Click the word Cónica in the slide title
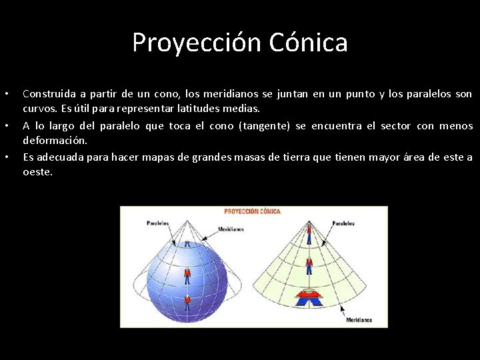pyautogui.click(x=309, y=43)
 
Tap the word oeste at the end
pyautogui.click(x=37, y=172)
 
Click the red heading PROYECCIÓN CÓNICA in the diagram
pyautogui.click(x=252, y=211)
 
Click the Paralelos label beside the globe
pyautogui.click(x=157, y=223)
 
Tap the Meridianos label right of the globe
pyautogui.click(x=231, y=229)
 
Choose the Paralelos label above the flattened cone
pyautogui.click(x=343, y=223)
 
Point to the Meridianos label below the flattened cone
pyautogui.click(x=359, y=320)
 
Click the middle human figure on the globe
pyautogui.click(x=187, y=274)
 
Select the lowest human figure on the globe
pyautogui.click(x=187, y=302)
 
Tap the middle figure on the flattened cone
pyautogui.click(x=309, y=266)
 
